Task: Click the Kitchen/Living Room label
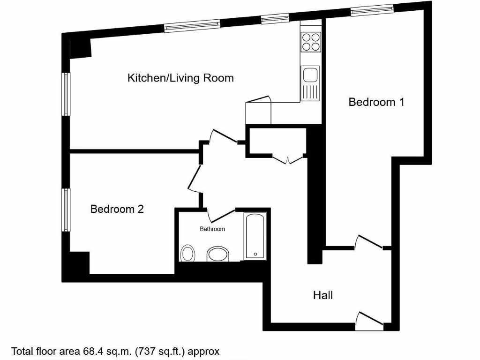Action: pyautogui.click(x=180, y=78)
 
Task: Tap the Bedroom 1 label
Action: pyautogui.click(x=376, y=102)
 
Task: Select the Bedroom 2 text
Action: pyautogui.click(x=117, y=209)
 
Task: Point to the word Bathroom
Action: pyautogui.click(x=212, y=229)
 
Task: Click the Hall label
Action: pyautogui.click(x=323, y=295)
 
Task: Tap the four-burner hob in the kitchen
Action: pyautogui.click(x=311, y=42)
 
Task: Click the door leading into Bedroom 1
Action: pyautogui.click(x=370, y=242)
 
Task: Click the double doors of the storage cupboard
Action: pyautogui.click(x=288, y=159)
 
